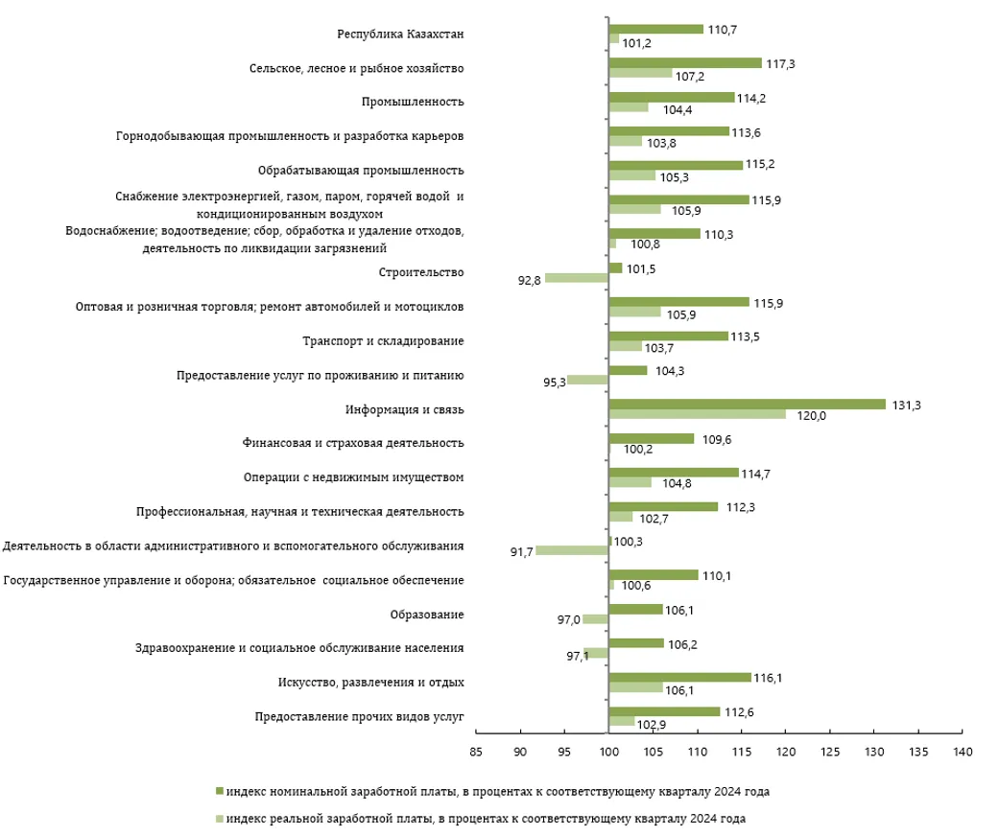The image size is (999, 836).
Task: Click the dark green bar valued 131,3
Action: (747, 405)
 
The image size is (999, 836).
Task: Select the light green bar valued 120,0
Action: (697, 414)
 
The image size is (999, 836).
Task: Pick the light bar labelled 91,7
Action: (572, 550)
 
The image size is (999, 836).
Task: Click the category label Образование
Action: (427, 615)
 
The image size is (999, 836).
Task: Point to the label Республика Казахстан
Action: (400, 35)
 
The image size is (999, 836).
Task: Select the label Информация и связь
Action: (404, 409)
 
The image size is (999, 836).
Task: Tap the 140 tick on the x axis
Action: (962, 754)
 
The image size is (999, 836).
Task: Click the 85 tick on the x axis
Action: (476, 754)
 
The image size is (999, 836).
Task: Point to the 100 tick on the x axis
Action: (608, 754)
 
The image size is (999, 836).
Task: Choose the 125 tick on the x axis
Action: (829, 754)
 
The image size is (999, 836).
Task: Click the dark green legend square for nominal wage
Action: (220, 792)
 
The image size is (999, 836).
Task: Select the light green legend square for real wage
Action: (220, 819)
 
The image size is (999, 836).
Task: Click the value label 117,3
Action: (780, 63)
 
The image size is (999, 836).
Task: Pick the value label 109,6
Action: (717, 439)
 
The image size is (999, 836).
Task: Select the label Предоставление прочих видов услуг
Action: (359, 716)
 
